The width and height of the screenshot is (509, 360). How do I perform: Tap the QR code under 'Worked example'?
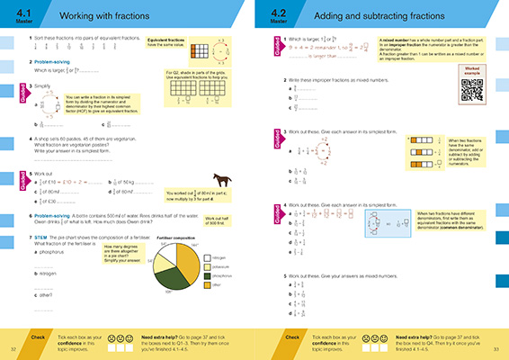click(x=472, y=94)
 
